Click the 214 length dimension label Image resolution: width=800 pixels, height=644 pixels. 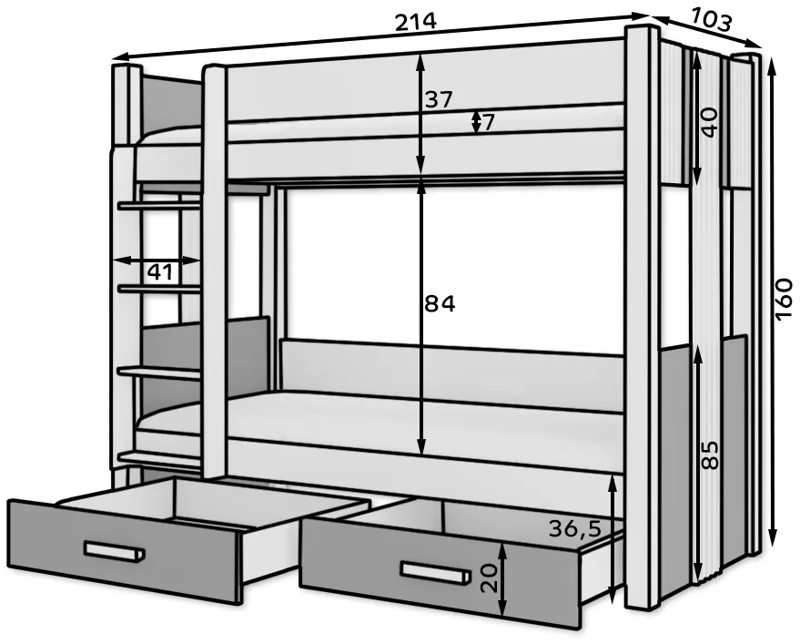416,22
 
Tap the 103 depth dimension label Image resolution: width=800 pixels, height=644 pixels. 712,20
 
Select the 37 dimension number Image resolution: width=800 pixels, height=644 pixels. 439,99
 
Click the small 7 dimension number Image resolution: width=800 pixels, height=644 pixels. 488,123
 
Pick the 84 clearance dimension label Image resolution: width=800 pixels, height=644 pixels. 440,304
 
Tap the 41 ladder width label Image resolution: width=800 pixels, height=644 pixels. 159,272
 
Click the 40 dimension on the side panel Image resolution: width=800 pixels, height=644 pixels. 709,122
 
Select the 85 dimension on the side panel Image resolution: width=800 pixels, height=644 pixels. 709,455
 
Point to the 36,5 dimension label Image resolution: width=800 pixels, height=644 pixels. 575,529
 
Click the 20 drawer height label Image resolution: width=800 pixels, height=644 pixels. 490,578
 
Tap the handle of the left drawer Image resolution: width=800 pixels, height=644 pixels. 115,552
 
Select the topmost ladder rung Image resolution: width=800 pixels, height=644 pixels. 159,205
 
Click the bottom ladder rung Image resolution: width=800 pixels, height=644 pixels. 159,457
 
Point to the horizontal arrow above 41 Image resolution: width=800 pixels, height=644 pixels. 157,261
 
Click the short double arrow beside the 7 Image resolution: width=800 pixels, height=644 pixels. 476,122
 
